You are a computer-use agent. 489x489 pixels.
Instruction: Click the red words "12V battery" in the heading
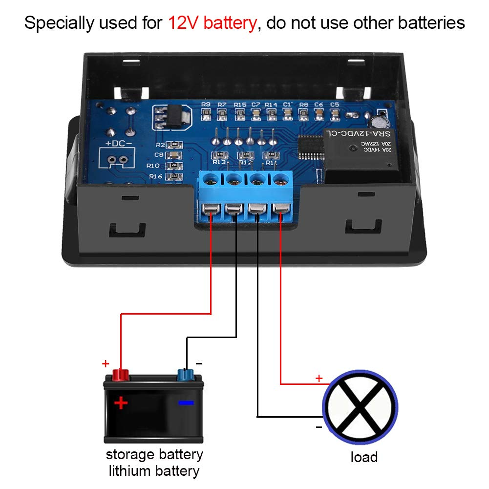pos(212,23)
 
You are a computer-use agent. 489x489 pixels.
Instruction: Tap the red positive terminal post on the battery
pos(120,375)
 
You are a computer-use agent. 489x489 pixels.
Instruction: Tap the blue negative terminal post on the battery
pos(185,375)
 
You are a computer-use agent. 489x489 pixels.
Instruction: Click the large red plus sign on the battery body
pos(121,403)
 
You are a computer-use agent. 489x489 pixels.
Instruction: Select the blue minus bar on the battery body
pos(186,403)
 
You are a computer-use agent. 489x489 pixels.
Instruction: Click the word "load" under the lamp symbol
pos(364,457)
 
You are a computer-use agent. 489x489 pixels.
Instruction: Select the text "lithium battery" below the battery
pos(154,471)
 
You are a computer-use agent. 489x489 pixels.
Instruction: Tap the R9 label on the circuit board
pos(206,105)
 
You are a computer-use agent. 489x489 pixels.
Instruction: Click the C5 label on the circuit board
pos(335,105)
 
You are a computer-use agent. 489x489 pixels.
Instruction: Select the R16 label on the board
pos(155,176)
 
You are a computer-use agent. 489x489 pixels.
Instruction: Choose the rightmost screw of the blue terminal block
pos(279,180)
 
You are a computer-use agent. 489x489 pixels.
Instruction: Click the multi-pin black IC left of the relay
pos(309,146)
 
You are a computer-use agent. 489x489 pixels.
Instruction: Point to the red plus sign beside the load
pos(319,378)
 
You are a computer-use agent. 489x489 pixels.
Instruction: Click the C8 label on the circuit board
pos(158,155)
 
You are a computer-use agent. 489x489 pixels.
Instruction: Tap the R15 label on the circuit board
pos(240,105)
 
